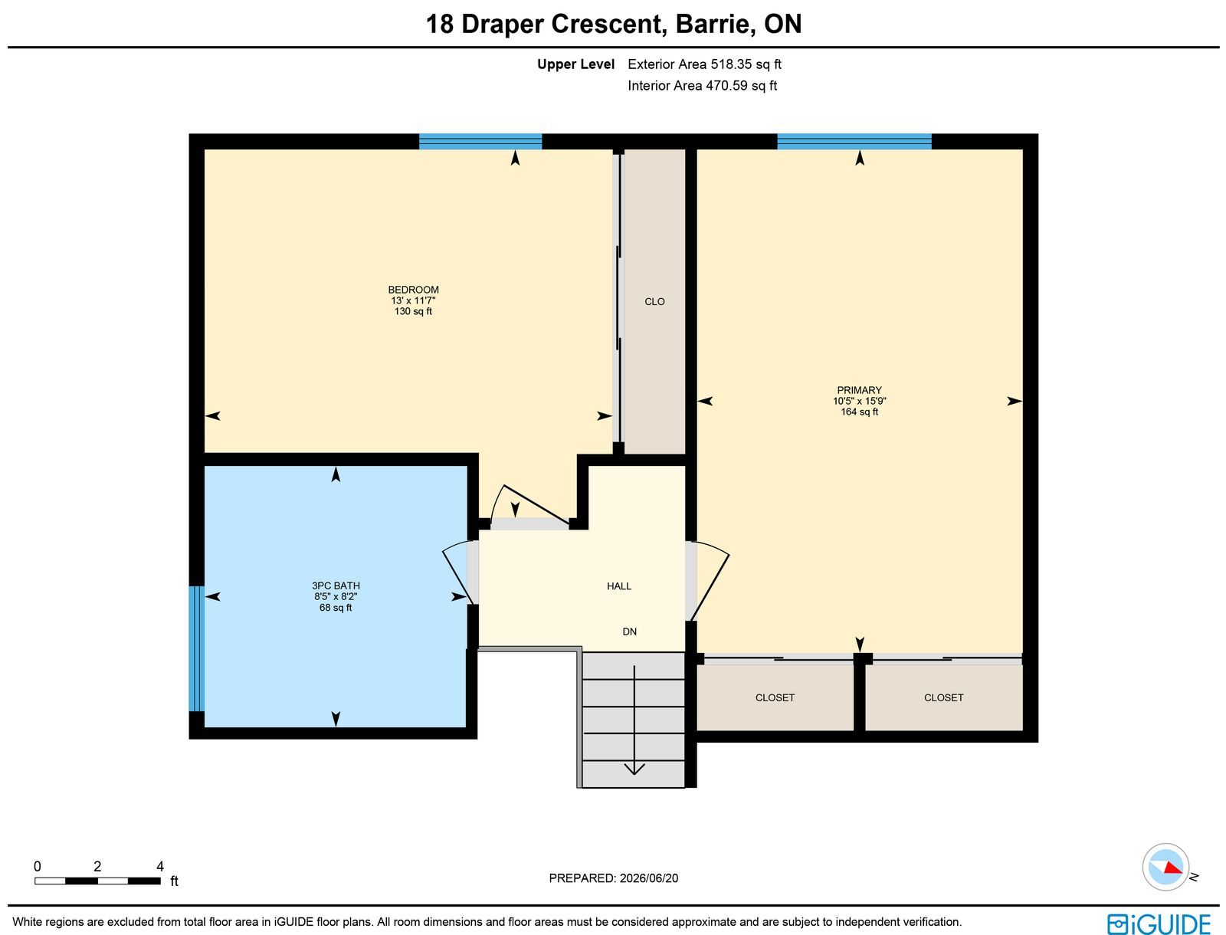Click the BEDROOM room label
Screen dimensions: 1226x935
(x=413, y=290)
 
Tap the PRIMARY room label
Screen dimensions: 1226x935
(x=859, y=390)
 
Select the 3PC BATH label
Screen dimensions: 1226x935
(x=336, y=586)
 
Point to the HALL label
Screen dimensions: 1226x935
(x=619, y=586)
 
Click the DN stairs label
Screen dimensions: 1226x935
(x=630, y=632)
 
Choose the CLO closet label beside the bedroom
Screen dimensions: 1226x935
(x=654, y=302)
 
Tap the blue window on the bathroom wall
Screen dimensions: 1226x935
(x=197, y=648)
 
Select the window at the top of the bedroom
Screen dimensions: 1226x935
(x=480, y=141)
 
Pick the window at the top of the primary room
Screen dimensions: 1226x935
(x=854, y=141)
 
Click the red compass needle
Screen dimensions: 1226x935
(x=1173, y=868)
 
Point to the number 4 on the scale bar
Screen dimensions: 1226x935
(x=159, y=866)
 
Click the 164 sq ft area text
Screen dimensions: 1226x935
(x=859, y=412)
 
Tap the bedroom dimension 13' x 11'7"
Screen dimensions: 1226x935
(x=413, y=300)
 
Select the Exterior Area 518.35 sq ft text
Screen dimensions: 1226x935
(x=704, y=64)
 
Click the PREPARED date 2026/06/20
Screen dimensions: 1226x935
(x=648, y=878)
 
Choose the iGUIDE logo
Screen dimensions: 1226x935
(x=1159, y=924)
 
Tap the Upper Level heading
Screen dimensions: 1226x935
(x=575, y=64)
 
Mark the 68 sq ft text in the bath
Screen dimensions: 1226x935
(x=336, y=608)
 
